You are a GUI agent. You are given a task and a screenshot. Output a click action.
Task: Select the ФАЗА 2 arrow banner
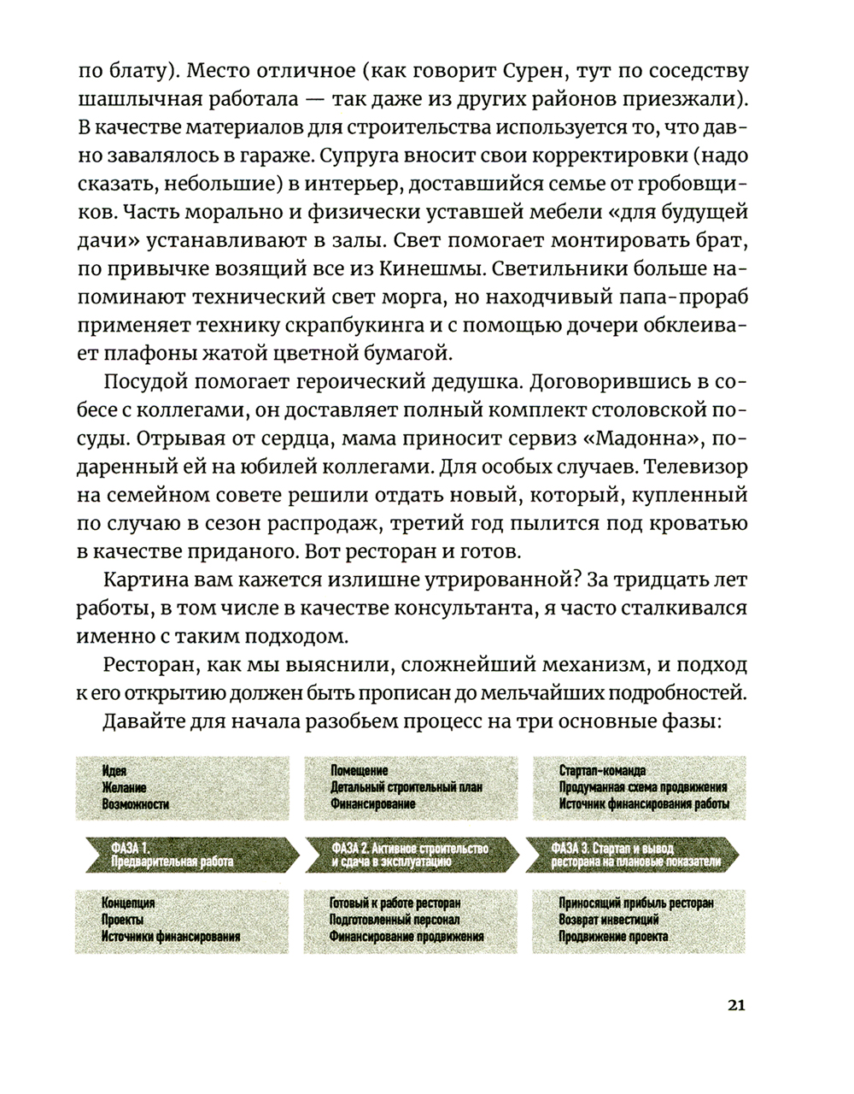(x=410, y=855)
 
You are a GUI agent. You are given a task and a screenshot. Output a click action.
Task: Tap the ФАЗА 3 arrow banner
(x=637, y=855)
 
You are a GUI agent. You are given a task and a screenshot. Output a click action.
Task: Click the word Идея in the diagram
(x=114, y=770)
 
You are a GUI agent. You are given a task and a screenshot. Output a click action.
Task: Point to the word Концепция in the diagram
(x=128, y=903)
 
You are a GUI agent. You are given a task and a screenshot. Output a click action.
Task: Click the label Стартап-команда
(x=602, y=770)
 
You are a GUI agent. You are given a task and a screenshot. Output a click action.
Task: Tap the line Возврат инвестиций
(x=609, y=920)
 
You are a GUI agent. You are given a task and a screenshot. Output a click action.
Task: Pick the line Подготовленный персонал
(x=395, y=920)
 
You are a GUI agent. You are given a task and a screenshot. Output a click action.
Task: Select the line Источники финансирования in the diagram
(x=171, y=936)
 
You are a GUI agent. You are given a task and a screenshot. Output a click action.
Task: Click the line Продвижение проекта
(x=613, y=936)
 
